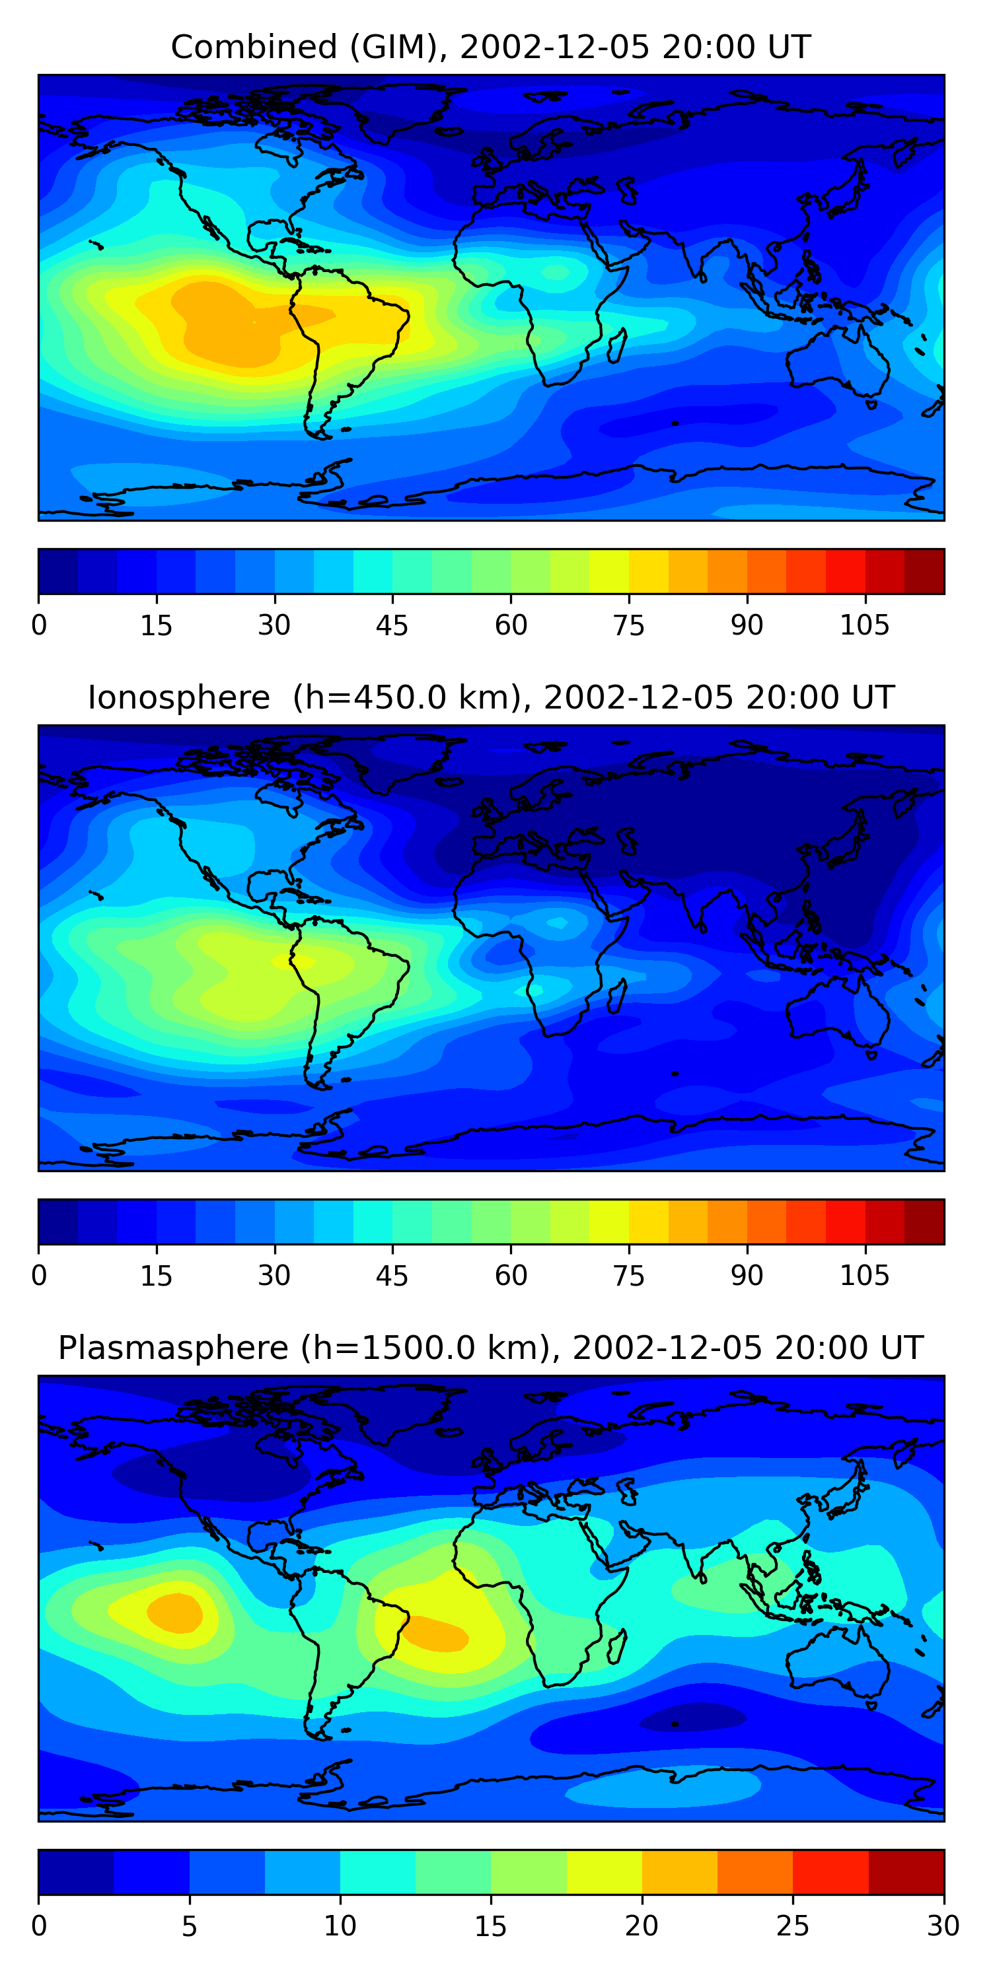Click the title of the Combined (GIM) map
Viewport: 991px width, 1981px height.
490,47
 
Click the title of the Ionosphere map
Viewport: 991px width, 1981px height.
490,697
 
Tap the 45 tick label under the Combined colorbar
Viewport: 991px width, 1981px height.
392,625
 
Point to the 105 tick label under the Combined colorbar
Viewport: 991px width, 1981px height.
864,625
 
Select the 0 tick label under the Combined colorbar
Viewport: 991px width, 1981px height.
39,625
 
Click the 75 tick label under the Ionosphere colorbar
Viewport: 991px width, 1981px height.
628,1276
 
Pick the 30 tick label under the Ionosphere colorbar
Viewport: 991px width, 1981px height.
274,1276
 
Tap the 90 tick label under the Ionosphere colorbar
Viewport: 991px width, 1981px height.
747,1276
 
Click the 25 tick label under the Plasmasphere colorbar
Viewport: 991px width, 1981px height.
793,1926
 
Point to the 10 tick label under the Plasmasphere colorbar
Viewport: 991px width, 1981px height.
340,1926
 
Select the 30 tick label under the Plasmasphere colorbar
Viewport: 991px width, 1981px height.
943,1926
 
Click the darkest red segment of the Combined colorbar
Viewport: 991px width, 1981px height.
924,571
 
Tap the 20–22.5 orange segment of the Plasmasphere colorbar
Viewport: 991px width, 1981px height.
679,1872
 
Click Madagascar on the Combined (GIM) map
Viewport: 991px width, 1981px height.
617,345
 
